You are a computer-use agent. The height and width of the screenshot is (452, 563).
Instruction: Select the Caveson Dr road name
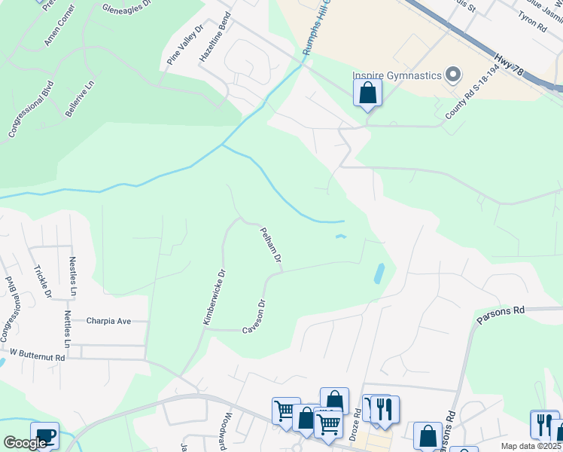(254, 317)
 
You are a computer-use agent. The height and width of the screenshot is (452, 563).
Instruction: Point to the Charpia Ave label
(108, 321)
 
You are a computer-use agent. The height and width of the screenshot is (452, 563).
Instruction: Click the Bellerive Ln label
(79, 99)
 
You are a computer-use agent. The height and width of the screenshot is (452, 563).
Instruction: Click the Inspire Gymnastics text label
(397, 75)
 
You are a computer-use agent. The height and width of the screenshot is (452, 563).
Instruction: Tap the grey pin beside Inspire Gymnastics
(453, 75)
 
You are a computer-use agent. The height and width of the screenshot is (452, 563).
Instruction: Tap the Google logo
(25, 443)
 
